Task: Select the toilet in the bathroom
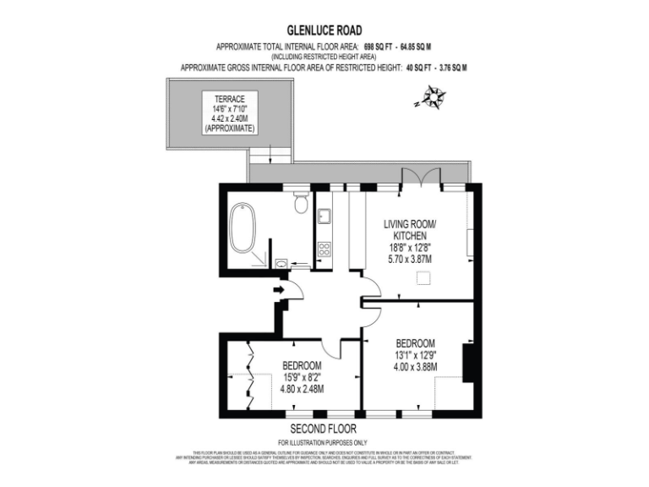click(300, 203)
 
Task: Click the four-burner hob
click(324, 249)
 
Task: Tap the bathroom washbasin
click(281, 263)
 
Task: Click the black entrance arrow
click(280, 292)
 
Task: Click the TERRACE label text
click(230, 99)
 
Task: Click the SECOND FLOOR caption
click(324, 429)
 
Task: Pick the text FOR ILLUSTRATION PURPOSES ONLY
click(324, 443)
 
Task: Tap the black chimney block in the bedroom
click(468, 363)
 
